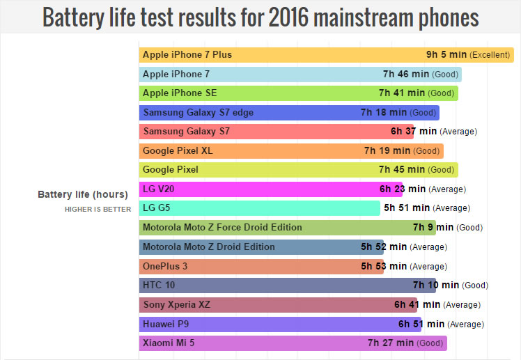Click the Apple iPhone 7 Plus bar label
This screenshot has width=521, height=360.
coord(187,54)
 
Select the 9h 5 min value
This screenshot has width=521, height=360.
coord(446,54)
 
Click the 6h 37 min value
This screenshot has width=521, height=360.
coord(414,131)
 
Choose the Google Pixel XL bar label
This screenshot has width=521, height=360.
coord(178,150)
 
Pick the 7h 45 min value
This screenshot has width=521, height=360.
coord(402,169)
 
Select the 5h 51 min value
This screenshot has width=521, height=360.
coord(407,208)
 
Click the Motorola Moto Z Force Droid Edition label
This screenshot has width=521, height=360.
coord(222,227)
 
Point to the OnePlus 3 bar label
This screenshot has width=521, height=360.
coord(164,266)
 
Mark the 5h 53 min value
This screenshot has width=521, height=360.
coord(384,266)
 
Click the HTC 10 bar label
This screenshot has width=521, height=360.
coord(156,285)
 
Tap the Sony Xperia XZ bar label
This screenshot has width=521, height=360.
coord(176,304)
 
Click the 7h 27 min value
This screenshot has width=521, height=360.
coord(391,343)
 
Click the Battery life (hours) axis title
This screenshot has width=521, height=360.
coord(83,194)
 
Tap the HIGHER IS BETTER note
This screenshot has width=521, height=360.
coord(98,209)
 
